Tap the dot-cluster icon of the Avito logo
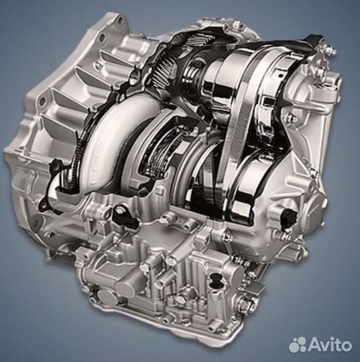click(298, 345)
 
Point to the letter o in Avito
click(347, 346)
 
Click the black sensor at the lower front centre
click(123, 215)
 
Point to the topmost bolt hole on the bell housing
click(119, 20)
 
